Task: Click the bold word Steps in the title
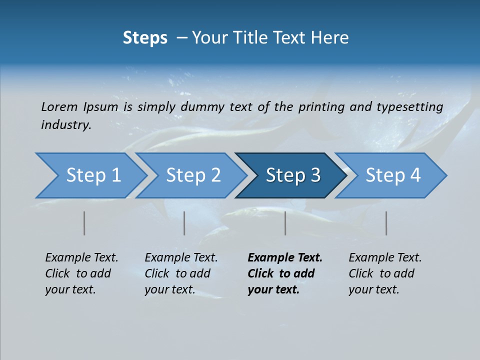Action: point(145,37)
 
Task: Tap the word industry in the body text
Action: point(66,125)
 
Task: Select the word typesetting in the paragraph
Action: point(409,107)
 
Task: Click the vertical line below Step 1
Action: point(84,223)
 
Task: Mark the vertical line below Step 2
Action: point(184,223)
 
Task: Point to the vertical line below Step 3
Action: point(285,223)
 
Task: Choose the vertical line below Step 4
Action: point(386,223)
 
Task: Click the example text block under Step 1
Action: point(81,273)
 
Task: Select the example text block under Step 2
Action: point(181,273)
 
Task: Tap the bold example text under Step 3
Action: point(285,273)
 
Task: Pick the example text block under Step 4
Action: point(385,273)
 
